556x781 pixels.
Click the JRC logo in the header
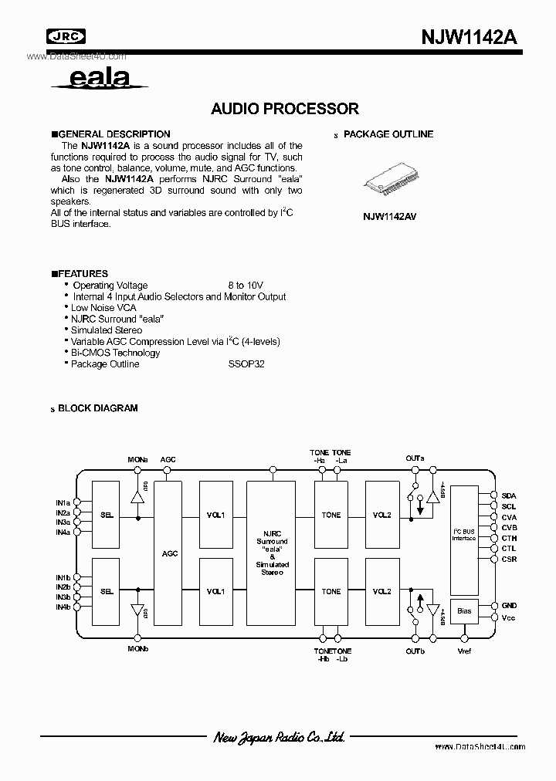(x=66, y=35)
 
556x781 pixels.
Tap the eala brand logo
(x=99, y=78)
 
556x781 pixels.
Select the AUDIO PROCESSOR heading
(x=285, y=109)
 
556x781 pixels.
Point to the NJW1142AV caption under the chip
(x=389, y=217)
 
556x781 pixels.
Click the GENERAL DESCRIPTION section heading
(x=110, y=134)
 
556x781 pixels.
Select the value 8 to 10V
(x=245, y=286)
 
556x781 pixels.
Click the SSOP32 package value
(x=246, y=364)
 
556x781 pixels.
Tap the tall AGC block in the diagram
(x=170, y=553)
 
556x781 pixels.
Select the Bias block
(x=463, y=610)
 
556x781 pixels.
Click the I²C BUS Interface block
(x=463, y=533)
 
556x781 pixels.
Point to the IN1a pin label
(x=63, y=502)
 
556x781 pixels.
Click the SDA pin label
(x=509, y=496)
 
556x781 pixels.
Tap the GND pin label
(x=509, y=606)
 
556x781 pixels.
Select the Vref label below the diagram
(x=463, y=651)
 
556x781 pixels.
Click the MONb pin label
(x=138, y=649)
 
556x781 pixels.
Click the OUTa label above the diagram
(x=415, y=458)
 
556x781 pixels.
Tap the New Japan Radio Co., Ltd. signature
(x=279, y=738)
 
